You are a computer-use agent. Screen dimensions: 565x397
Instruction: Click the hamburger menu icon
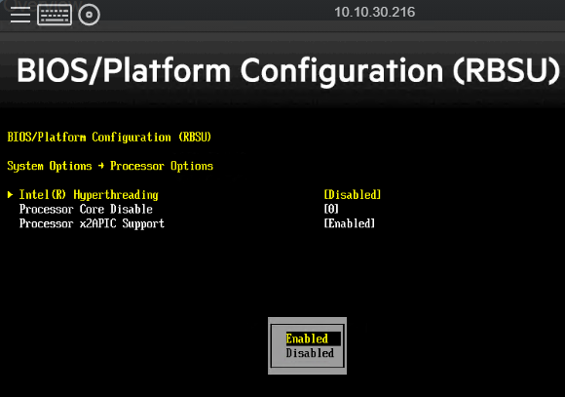20,15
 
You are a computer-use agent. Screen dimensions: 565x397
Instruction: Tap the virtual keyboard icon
55,16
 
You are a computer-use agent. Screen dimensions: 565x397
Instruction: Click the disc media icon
89,15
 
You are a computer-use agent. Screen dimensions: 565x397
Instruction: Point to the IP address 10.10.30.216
375,12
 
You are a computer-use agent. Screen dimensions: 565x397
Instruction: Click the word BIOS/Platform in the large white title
124,70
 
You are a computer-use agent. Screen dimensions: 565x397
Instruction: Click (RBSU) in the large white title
506,71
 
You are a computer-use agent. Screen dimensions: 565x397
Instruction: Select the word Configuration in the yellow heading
132,138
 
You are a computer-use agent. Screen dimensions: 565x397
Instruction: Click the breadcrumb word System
25,167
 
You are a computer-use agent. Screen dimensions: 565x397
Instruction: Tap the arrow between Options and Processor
101,166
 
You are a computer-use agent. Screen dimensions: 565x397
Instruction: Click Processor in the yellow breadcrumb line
137,166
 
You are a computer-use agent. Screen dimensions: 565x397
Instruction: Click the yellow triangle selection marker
10,195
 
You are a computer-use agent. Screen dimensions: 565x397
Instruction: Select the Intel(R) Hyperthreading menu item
89,195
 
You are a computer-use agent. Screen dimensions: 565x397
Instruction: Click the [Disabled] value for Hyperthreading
353,195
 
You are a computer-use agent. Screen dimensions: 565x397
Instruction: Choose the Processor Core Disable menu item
86,210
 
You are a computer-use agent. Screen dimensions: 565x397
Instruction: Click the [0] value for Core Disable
331,210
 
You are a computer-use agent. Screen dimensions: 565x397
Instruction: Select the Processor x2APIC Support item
92,223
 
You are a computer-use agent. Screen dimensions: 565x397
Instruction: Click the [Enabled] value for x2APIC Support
350,223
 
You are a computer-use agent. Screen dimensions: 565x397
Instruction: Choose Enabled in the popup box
307,338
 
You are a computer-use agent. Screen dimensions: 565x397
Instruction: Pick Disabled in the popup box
310,353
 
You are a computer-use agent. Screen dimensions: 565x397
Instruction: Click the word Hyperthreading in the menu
116,195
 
